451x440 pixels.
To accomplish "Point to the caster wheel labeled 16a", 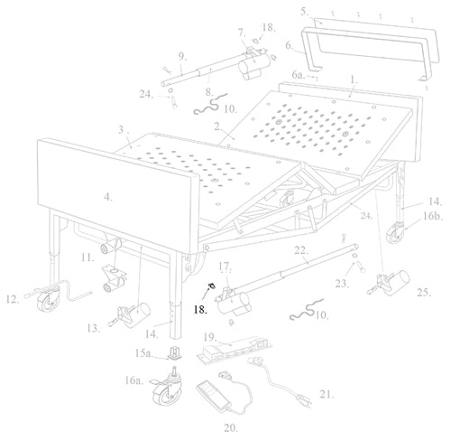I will (x=170, y=391).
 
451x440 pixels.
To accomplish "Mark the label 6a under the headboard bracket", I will (x=297, y=79).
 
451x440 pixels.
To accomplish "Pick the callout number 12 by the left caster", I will (x=11, y=299).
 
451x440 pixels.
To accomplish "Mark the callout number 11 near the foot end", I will (x=87, y=259).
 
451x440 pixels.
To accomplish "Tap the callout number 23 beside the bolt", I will (x=340, y=282).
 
